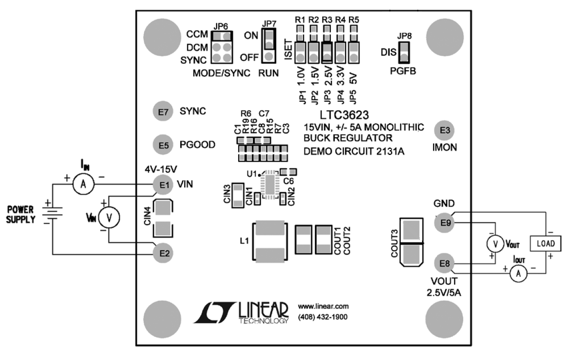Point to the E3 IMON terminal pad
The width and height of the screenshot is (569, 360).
(x=444, y=130)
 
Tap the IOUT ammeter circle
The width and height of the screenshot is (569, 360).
(x=519, y=275)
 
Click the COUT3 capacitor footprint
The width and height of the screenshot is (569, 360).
(x=411, y=242)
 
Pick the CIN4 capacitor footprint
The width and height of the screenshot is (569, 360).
(x=163, y=218)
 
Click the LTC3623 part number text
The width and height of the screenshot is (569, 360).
(x=344, y=116)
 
